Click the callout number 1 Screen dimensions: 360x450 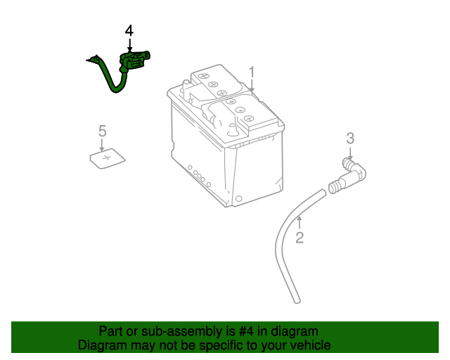click(x=252, y=72)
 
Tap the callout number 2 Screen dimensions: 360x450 click(x=300, y=238)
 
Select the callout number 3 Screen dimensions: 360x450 click(x=350, y=138)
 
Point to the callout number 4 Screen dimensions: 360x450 click(x=129, y=31)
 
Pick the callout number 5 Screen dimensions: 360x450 click(x=102, y=130)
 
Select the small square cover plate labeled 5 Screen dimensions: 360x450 click(x=108, y=159)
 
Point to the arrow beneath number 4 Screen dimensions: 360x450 click(x=129, y=45)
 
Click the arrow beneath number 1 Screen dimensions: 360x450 click(x=252, y=86)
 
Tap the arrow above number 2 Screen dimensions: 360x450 click(x=299, y=223)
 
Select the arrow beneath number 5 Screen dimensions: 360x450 click(x=102, y=144)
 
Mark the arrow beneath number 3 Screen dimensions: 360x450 click(x=350, y=151)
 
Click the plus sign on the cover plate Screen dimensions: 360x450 click(x=107, y=158)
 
